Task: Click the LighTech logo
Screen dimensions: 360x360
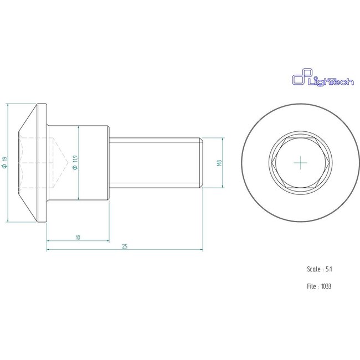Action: [322, 78]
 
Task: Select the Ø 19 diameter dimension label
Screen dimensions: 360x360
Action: [4, 162]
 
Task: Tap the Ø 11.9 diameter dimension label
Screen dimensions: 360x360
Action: [75, 162]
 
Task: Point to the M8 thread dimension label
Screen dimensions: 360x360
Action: [219, 163]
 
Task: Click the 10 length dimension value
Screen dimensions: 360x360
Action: [78, 238]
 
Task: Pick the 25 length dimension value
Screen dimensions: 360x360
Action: [125, 246]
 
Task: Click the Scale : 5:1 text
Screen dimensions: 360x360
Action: [320, 269]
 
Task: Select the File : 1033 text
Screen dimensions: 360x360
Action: [319, 286]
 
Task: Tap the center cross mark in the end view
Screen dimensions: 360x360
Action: [301, 163]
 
